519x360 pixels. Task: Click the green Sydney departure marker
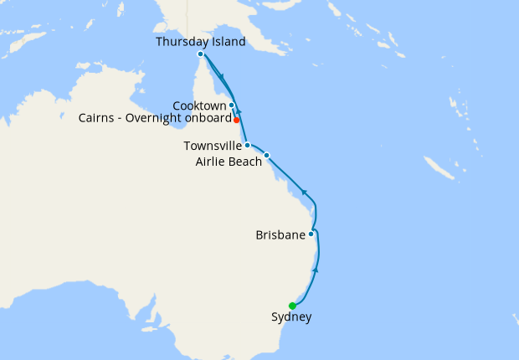(292, 306)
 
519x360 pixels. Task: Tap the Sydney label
(291, 317)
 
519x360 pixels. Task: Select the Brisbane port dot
(311, 234)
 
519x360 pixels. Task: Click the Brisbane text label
(280, 235)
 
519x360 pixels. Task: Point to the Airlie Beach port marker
(266, 155)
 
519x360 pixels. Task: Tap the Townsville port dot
(247, 145)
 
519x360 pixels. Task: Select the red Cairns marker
(237, 120)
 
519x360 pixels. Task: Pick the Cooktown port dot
(231, 105)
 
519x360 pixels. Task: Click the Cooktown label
(199, 105)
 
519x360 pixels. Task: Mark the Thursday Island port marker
(200, 54)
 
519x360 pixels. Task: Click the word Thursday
(182, 41)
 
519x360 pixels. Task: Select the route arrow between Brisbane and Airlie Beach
(306, 194)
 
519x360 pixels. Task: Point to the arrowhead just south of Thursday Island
(221, 76)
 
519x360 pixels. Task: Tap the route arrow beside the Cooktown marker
(239, 110)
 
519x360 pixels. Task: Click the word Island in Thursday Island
(228, 41)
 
